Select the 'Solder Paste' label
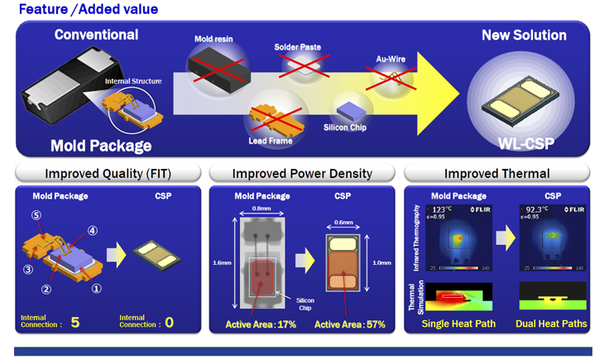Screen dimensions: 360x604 click(x=297, y=46)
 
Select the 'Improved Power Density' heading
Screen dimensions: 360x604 click(x=302, y=174)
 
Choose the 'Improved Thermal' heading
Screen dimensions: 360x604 click(x=496, y=174)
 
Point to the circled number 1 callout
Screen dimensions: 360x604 click(x=96, y=289)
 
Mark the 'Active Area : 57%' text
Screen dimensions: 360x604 click(x=350, y=324)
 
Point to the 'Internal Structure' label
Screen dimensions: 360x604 click(x=132, y=81)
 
